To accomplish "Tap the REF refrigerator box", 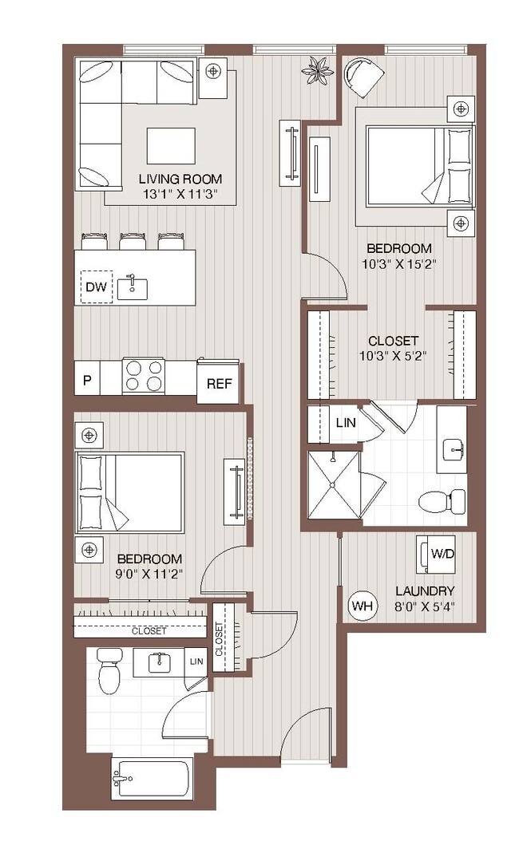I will (219, 384).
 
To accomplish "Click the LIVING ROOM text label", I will (180, 179).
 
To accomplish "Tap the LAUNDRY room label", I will (425, 590).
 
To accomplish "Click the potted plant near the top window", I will (317, 70).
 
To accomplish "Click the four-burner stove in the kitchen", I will (144, 376).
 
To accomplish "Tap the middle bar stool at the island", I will (133, 240).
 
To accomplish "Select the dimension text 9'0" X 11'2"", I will (149, 573).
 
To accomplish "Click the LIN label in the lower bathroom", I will (196, 661).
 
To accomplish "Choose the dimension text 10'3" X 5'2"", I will (393, 356).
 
